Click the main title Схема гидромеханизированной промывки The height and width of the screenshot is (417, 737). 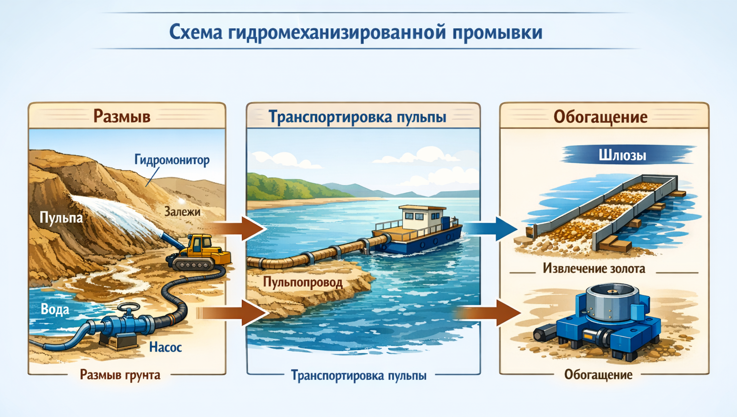pyautogui.click(x=356, y=32)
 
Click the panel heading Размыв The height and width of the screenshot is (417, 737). pyautogui.click(x=122, y=116)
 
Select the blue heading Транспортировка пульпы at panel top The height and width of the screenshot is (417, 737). pyautogui.click(x=357, y=117)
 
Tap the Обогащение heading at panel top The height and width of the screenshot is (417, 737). pyautogui.click(x=600, y=117)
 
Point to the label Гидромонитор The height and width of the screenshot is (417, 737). pyautogui.click(x=172, y=159)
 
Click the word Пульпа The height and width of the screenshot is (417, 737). pyautogui.click(x=61, y=218)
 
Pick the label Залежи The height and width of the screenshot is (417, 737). pyautogui.click(x=182, y=211)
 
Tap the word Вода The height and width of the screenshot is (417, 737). pyautogui.click(x=55, y=309)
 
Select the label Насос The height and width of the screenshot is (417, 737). pyautogui.click(x=165, y=347)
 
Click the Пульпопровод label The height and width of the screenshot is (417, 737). pyautogui.click(x=303, y=282)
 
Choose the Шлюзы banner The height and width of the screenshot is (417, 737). pyautogui.click(x=622, y=155)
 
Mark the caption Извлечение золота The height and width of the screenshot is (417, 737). pyautogui.click(x=594, y=269)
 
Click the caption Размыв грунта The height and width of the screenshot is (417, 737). pyautogui.click(x=120, y=375)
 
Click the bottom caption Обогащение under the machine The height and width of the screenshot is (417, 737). pyautogui.click(x=598, y=375)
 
